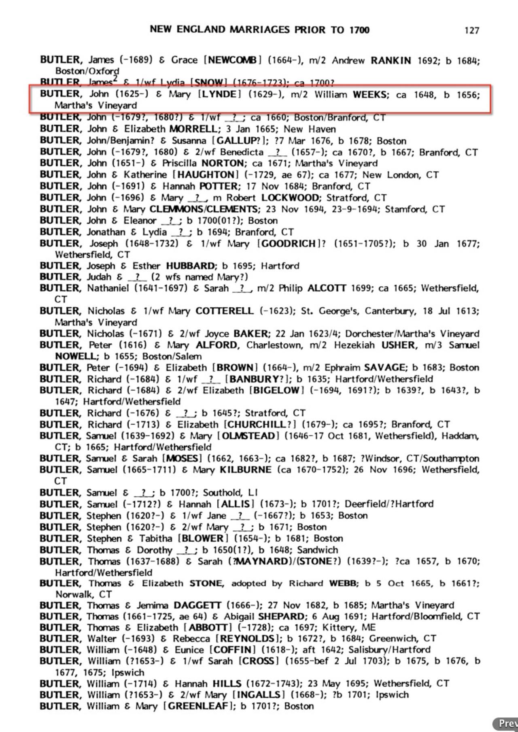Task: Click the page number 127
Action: click(472, 30)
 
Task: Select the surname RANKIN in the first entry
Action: click(391, 60)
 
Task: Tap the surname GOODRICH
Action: click(288, 243)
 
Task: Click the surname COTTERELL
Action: click(225, 311)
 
